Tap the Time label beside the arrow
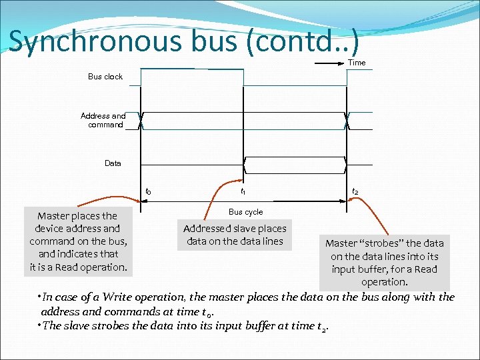tap(357, 63)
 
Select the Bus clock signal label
tap(105, 77)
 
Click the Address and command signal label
tap(103, 120)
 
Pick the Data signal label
tap(113, 163)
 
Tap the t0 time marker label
tap(147, 192)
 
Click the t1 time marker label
tap(243, 192)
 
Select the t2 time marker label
tap(355, 192)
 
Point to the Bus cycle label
tap(245, 212)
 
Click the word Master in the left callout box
tap(55, 216)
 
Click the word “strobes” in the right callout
tap(383, 243)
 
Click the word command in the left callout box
tap(52, 241)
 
